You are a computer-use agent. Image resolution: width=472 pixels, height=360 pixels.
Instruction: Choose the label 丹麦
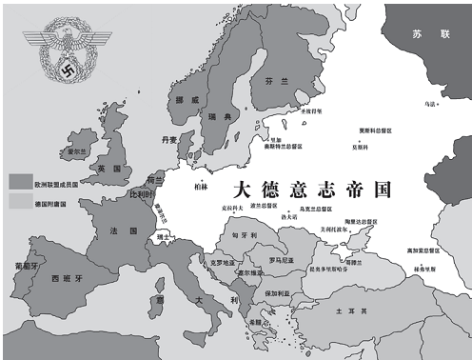coord(169,139)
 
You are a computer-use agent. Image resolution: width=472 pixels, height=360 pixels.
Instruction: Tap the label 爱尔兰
coord(78,152)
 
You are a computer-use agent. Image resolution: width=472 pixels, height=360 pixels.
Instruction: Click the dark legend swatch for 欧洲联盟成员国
coord(19,180)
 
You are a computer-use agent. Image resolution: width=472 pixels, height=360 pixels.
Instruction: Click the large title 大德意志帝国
coord(313,188)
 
